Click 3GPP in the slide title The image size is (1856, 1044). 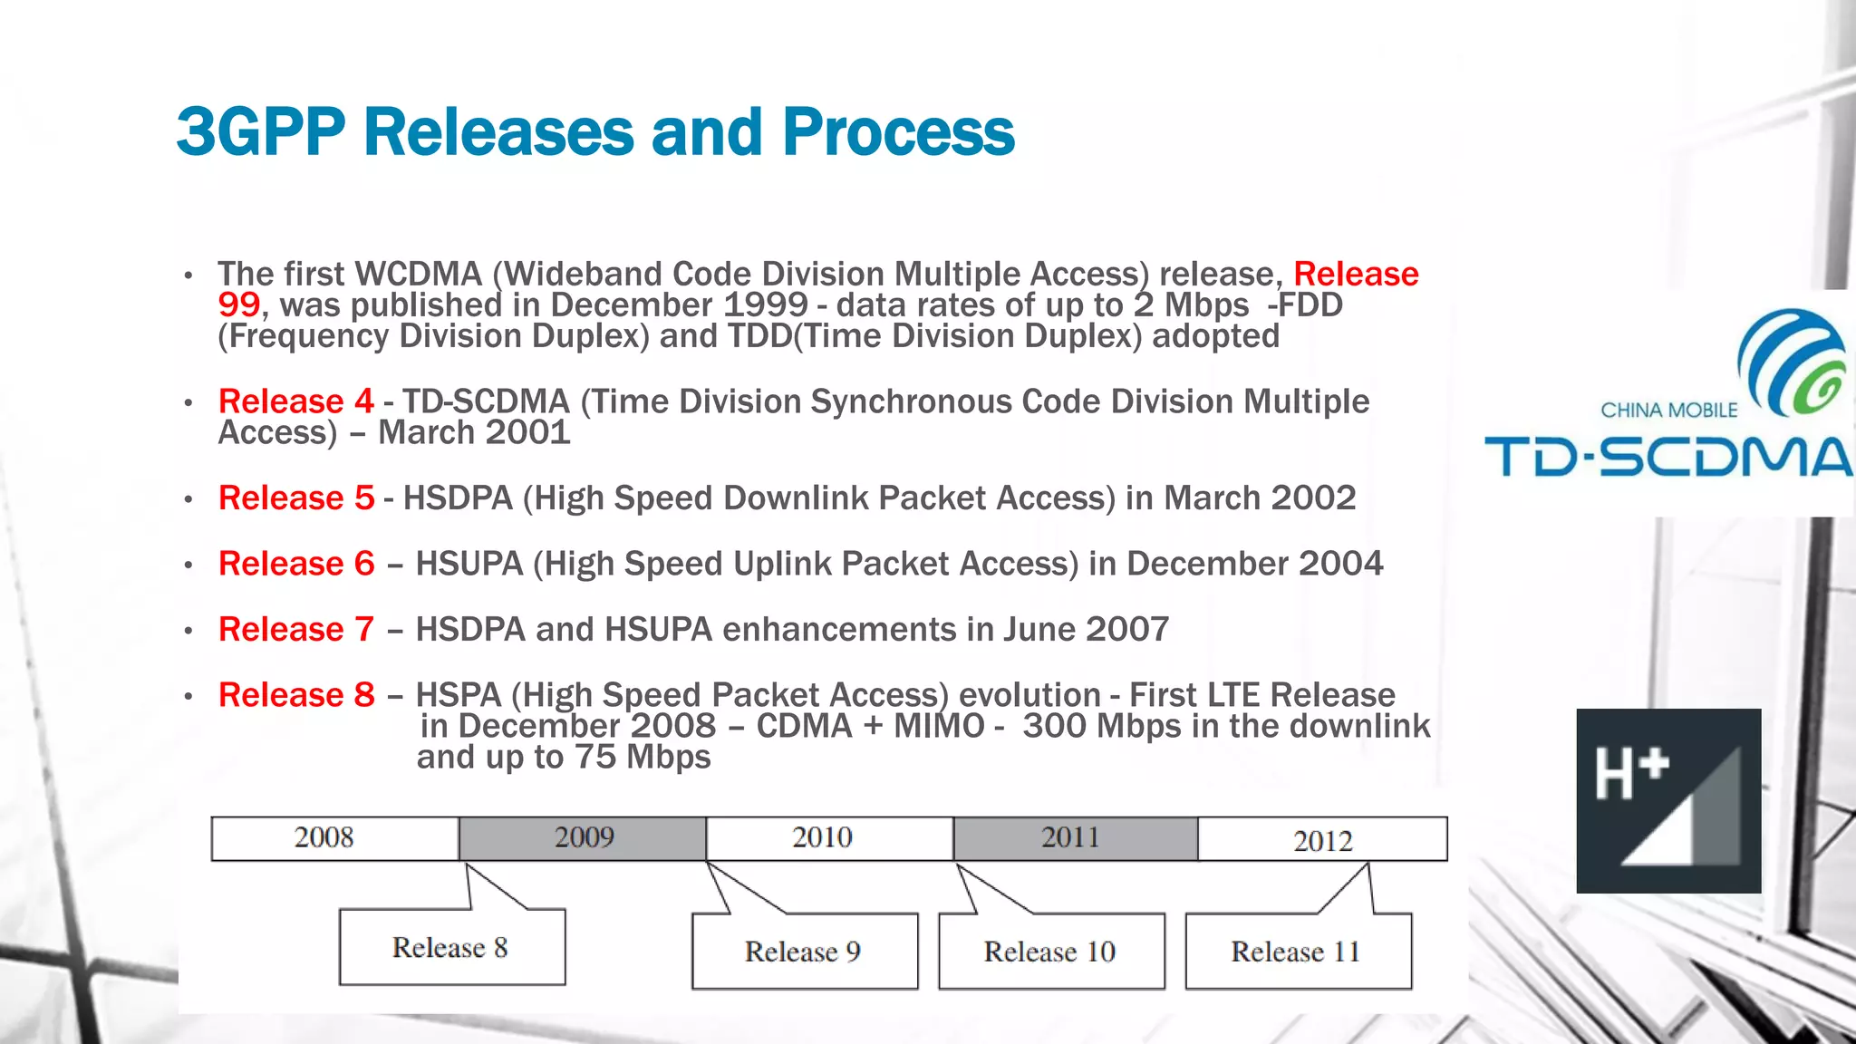(261, 132)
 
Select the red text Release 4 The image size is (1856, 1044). (295, 401)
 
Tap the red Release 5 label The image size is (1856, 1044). (295, 498)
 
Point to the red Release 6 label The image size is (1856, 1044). (295, 564)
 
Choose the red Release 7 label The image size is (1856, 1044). (295, 629)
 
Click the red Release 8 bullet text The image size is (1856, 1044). (295, 695)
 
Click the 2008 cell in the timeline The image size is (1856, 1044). (334, 838)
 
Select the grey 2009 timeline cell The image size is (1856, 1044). (583, 838)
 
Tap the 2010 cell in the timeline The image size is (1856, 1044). (828, 838)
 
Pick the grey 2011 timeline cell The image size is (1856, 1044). (1075, 838)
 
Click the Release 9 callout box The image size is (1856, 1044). (804, 951)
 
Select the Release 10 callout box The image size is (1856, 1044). (1050, 951)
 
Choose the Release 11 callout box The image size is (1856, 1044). (1297, 951)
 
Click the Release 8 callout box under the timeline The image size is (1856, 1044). (451, 947)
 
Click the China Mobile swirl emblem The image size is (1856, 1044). (1792, 362)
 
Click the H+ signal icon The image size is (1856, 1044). (1668, 801)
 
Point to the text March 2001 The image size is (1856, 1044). (474, 432)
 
